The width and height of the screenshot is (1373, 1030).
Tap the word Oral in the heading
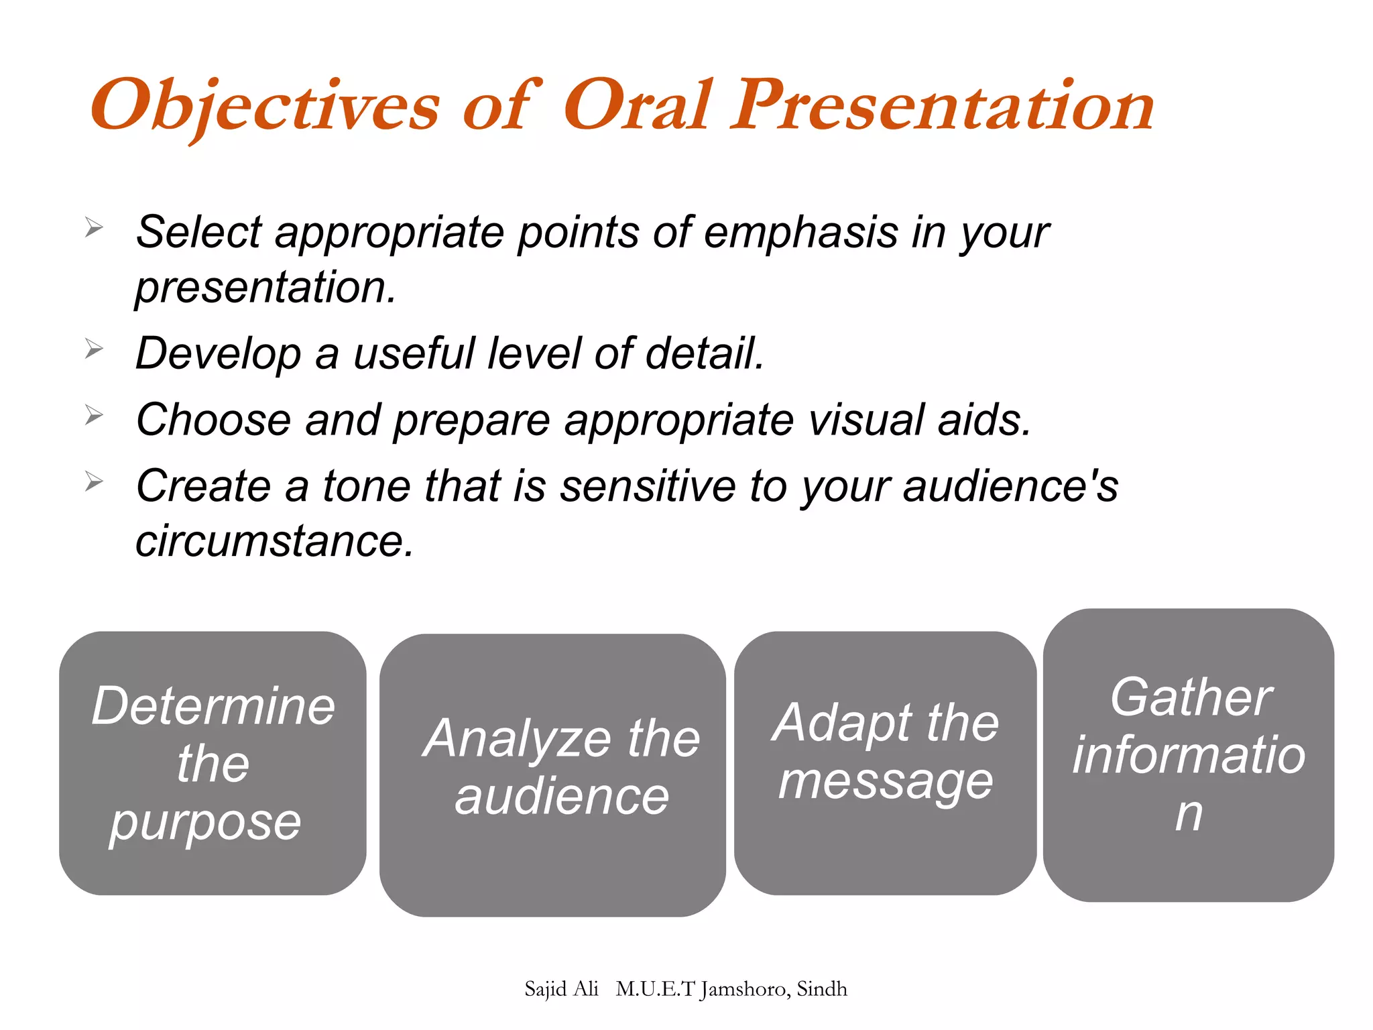pos(637,106)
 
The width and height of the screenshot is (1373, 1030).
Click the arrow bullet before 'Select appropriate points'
pos(94,228)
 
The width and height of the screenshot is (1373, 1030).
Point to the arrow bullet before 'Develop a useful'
pos(94,349)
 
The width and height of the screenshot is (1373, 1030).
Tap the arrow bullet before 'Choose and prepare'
pos(94,416)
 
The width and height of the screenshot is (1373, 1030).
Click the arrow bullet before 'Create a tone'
pos(94,481)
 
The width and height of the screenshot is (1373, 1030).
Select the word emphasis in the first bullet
pos(801,233)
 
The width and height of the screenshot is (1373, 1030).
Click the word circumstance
pos(274,541)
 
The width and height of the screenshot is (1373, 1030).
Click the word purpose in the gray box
pos(206,823)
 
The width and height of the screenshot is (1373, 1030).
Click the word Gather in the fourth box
pos(1190,697)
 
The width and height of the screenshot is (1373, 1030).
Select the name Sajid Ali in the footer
pos(561,989)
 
